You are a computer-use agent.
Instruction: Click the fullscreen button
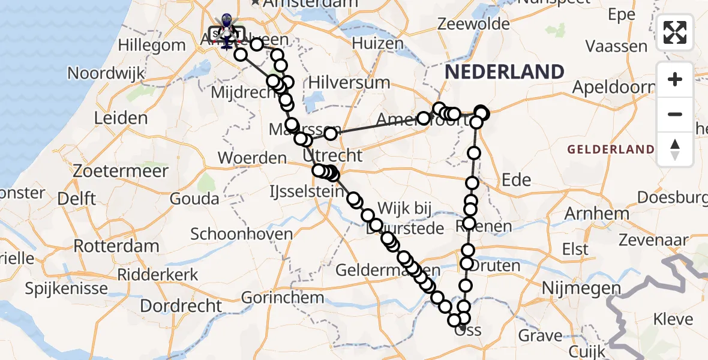(675, 32)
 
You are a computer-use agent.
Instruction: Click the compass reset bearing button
(675, 149)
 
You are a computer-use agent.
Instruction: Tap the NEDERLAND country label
(504, 72)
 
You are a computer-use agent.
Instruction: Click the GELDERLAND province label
(610, 149)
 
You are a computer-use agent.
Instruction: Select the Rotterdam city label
(116, 246)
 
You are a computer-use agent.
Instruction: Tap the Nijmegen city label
(580, 289)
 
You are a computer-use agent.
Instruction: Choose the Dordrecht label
(181, 305)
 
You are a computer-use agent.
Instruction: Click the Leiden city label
(121, 118)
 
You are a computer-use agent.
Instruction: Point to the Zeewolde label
(474, 25)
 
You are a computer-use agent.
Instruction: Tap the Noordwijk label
(106, 73)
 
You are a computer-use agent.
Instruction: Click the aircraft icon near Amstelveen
(227, 40)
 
